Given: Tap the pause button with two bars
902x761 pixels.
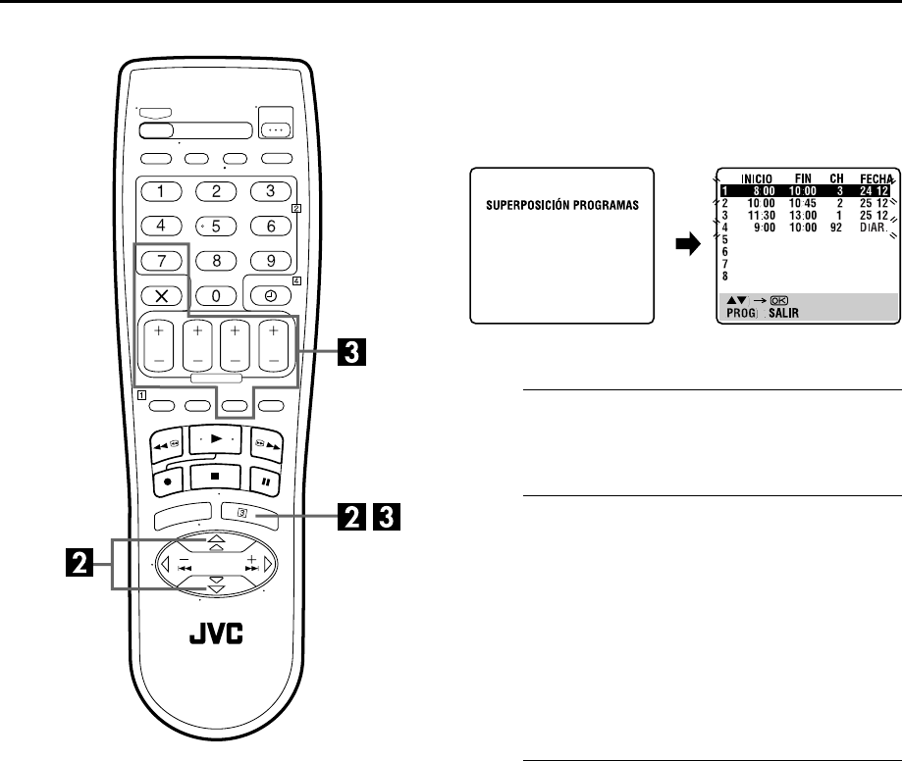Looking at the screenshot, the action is pos(265,482).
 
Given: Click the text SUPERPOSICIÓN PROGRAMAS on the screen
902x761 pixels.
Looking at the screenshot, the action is pos(561,207).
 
